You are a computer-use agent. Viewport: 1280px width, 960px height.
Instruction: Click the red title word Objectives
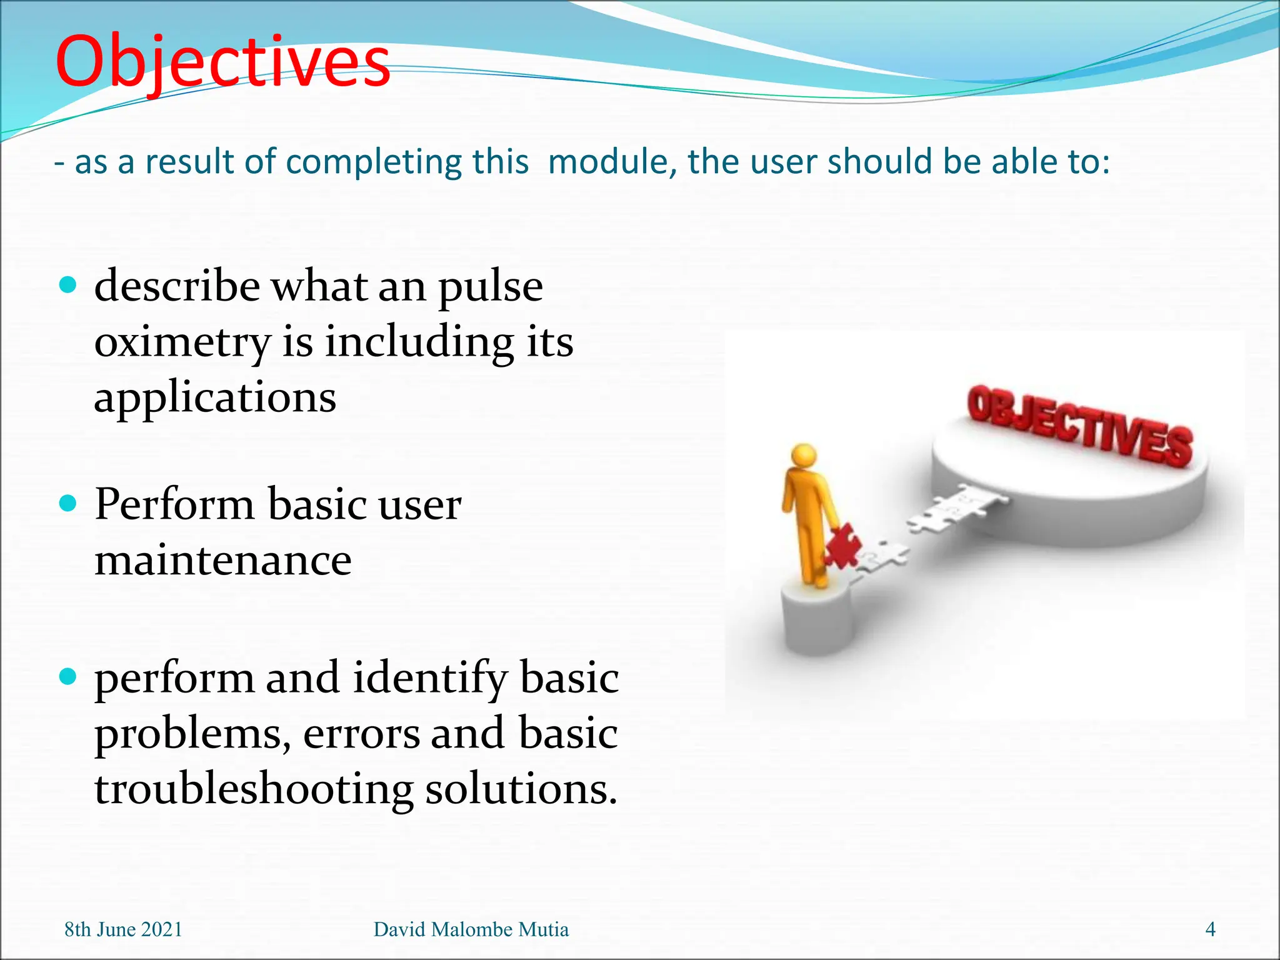coord(222,62)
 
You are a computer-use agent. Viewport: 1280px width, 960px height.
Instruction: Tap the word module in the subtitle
coord(607,161)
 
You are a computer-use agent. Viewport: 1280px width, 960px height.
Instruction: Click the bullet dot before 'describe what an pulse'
coord(67,286)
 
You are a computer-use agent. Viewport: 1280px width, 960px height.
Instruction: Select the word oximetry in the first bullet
coord(182,342)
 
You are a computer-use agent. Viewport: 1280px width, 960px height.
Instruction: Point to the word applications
coord(215,398)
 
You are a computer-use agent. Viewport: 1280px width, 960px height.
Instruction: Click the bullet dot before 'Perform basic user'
coord(67,503)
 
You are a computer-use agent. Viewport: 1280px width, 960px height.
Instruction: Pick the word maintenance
coord(222,559)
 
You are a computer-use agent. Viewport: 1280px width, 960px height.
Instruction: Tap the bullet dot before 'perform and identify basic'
coord(67,676)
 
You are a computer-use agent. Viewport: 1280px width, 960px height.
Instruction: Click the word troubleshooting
coord(254,789)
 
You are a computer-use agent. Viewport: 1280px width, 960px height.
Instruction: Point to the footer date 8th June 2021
coord(123,929)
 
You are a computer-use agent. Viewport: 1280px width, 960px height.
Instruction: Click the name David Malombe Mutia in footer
coord(471,929)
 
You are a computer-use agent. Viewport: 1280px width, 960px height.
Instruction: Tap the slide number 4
coord(1210,929)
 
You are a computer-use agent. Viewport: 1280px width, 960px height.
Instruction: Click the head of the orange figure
coord(803,454)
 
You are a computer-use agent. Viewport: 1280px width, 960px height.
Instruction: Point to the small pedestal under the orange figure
coord(816,619)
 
